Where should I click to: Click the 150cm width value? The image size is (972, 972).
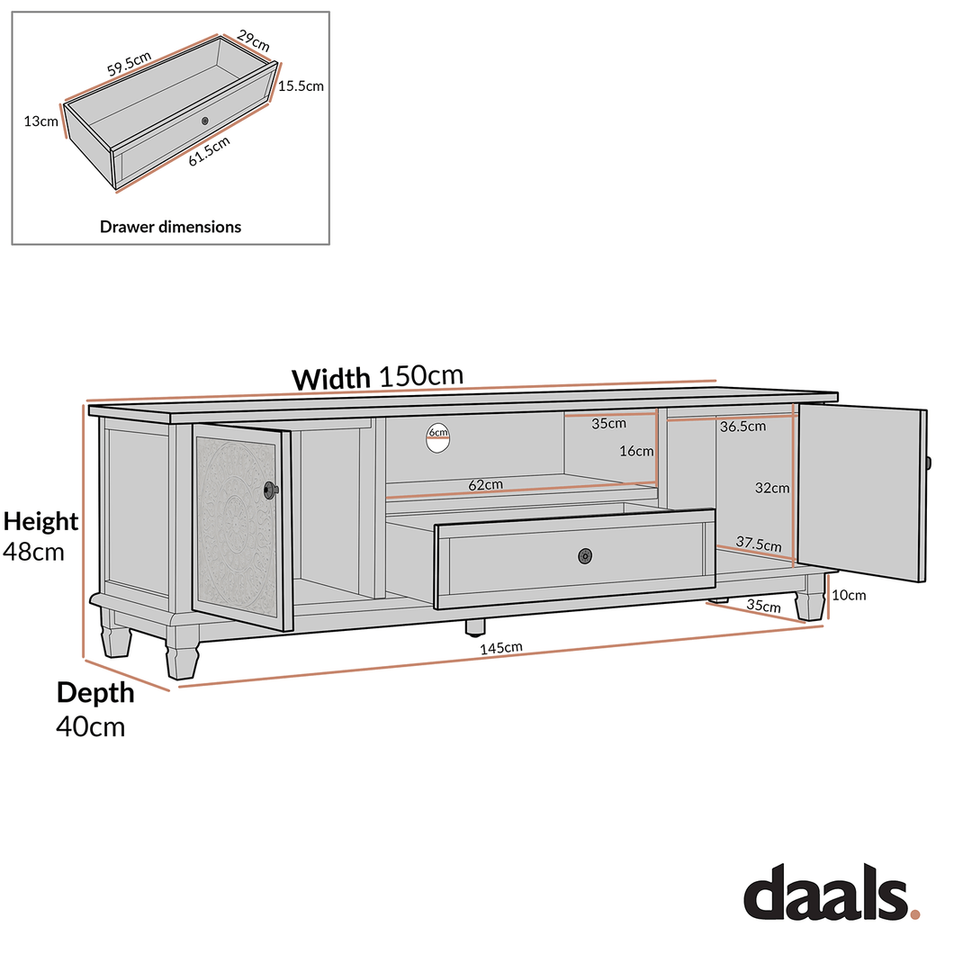tap(421, 376)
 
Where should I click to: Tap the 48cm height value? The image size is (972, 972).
tap(33, 552)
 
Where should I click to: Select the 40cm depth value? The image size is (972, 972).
tap(90, 725)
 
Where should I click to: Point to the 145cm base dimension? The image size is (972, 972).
tap(501, 647)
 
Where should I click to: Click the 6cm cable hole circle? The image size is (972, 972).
tap(437, 437)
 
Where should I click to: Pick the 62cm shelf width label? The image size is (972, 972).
tap(486, 485)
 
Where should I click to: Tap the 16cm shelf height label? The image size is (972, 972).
tap(636, 451)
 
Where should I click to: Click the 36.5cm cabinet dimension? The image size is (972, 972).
tap(742, 427)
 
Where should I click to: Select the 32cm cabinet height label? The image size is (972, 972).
tap(772, 489)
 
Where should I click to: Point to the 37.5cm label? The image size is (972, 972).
tap(759, 544)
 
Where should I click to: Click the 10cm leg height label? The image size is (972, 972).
tap(849, 595)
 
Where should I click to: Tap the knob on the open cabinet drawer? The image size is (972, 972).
tap(586, 556)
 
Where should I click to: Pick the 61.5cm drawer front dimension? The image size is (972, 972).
tap(209, 149)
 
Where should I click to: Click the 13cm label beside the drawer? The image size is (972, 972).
tap(41, 121)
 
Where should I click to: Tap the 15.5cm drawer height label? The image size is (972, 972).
tap(301, 86)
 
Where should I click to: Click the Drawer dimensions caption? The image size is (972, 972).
tap(170, 227)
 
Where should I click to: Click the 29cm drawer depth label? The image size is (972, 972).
tap(253, 40)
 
